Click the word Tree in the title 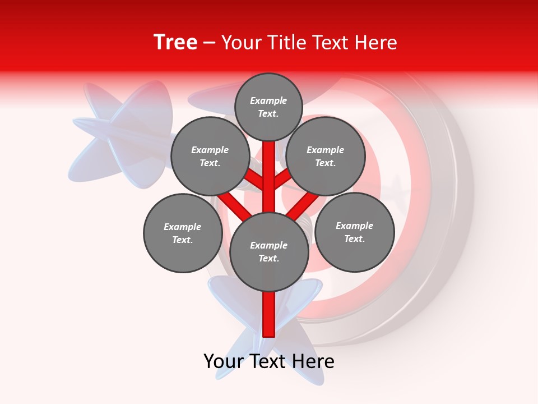coord(175,43)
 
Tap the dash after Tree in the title coord(209,43)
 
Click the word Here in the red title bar coord(376,43)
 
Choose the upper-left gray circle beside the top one coord(210,156)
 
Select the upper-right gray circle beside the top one coord(326,156)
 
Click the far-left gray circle coord(183,233)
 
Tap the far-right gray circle coord(355,232)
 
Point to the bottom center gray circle coord(269,251)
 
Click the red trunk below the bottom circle coord(269,314)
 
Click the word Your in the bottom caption coord(224,362)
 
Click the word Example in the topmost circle coord(268,101)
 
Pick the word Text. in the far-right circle coord(354,238)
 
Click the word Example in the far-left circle coord(182,227)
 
